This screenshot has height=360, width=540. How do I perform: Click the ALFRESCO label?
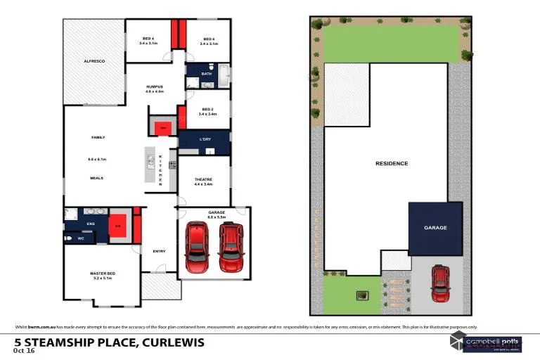click(94, 62)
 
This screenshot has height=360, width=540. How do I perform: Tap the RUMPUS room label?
click(154, 87)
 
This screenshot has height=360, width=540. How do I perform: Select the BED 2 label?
click(207, 110)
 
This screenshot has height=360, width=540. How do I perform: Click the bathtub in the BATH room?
click(223, 75)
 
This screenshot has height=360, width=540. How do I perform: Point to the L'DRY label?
click(205, 139)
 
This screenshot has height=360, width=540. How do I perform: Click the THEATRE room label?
click(204, 180)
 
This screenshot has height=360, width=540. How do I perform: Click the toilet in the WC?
click(68, 239)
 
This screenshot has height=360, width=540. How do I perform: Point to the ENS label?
click(91, 224)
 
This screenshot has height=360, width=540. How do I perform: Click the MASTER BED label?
click(102, 274)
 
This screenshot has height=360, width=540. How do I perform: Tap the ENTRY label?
click(159, 251)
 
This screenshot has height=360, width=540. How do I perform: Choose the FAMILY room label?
click(98, 137)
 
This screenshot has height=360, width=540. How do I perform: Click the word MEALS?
click(96, 178)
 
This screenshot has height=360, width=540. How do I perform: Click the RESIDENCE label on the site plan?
click(391, 164)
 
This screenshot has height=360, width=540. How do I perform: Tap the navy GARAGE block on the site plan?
click(435, 228)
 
